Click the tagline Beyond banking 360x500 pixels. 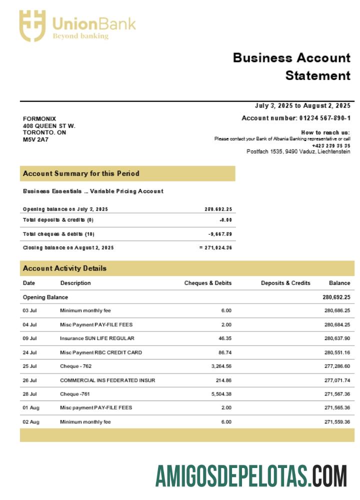tap(80, 36)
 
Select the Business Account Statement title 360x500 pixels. tap(291, 66)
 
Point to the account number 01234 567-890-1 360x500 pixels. tap(324, 118)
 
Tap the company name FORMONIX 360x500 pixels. tap(39, 118)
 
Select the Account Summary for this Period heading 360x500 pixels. tap(81, 173)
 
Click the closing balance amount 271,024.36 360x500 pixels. tap(217, 247)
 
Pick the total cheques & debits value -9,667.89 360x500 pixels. tap(220, 234)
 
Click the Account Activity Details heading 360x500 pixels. tap(64, 268)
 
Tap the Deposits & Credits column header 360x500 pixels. tap(285, 283)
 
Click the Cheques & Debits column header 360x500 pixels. tap(207, 283)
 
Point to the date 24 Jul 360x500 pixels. tap(30, 352)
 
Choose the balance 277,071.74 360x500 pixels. tap(337, 380)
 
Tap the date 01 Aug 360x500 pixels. tap(30, 407)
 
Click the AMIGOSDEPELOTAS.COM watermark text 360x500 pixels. tap(251, 475)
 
